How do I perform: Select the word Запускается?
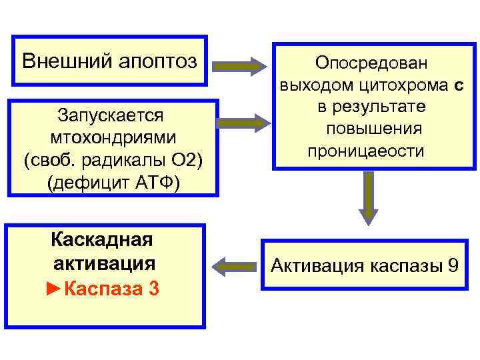(111, 115)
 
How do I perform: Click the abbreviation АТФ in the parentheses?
(154, 183)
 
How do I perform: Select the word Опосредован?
(373, 63)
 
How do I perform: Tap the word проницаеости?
(366, 151)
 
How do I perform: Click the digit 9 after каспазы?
(453, 266)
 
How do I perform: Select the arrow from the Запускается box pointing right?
(241, 123)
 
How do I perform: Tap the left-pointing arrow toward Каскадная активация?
(237, 266)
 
